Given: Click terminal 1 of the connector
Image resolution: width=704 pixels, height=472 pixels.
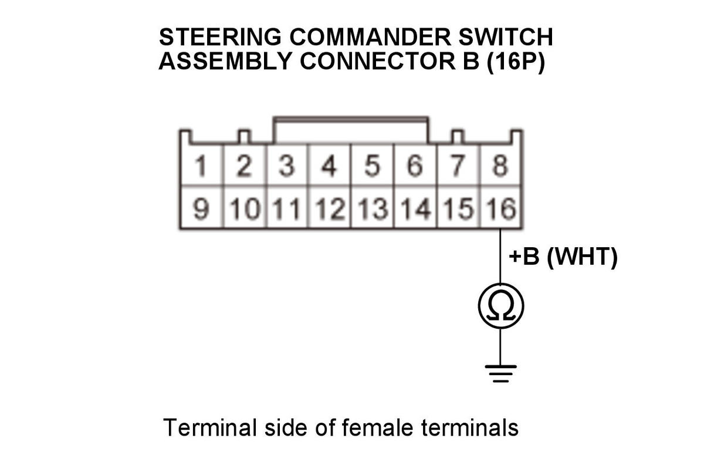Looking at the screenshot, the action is (x=201, y=165).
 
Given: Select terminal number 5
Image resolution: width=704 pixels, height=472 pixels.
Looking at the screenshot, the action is (x=372, y=165).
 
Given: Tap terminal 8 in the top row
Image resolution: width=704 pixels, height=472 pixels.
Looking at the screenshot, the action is (x=500, y=165).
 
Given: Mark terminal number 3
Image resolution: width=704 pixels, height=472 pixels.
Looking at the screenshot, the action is (x=287, y=165).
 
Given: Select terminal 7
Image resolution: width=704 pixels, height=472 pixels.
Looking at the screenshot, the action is (x=458, y=165).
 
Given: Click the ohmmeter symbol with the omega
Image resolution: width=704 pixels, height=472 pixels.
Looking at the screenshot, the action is (x=501, y=306).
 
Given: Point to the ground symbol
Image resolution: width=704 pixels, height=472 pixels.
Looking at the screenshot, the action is (x=500, y=373).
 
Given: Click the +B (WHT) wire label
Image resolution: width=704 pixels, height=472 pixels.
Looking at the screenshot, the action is (x=563, y=257).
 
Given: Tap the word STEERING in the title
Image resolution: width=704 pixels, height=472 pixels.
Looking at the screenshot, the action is (x=220, y=37).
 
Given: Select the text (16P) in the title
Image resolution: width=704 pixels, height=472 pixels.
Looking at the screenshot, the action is (x=516, y=61).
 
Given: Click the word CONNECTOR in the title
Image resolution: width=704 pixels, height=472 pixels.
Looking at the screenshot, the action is (x=378, y=61).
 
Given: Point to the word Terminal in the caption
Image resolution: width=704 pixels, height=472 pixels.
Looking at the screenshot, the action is (x=210, y=427).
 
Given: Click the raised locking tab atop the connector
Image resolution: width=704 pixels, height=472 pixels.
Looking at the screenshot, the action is (x=351, y=120).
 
